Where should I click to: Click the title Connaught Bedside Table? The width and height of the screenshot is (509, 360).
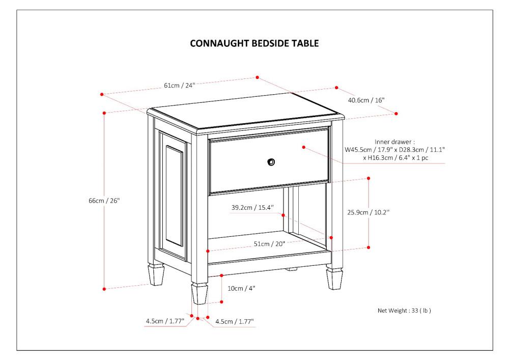[x=254, y=43]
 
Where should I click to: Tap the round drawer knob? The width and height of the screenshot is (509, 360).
[x=271, y=162]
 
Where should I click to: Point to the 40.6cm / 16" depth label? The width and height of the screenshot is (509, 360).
[x=366, y=100]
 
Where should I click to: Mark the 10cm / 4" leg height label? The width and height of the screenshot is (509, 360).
[x=241, y=288]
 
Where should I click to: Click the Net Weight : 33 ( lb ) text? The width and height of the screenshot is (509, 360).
[x=404, y=310]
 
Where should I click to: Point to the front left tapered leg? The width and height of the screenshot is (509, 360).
[x=200, y=294]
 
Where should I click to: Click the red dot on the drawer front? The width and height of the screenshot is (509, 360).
[x=303, y=147]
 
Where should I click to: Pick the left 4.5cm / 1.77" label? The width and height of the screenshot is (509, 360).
[x=165, y=321]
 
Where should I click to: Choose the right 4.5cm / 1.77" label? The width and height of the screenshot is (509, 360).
[x=234, y=321]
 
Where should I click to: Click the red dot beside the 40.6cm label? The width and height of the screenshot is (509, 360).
[x=336, y=88]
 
